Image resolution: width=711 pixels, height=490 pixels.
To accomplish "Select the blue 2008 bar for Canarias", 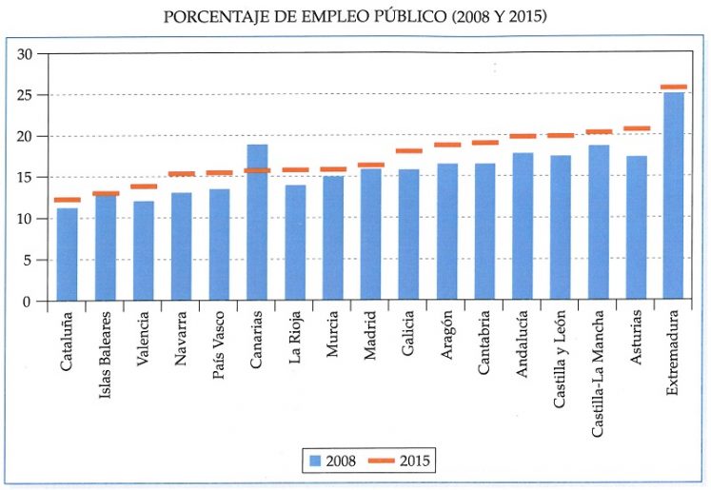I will point(257,224).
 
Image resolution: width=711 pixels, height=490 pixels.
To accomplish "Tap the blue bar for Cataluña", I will point(68,255).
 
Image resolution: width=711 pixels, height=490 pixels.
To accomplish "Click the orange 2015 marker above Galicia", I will point(408,151).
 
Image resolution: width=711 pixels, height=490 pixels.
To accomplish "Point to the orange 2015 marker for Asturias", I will point(637,128).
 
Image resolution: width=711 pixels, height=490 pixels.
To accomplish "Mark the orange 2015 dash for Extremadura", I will point(674,88).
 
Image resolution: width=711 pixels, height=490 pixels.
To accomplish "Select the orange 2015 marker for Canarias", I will point(257,170).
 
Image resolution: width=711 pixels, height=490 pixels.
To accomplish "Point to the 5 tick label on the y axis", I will point(29,260).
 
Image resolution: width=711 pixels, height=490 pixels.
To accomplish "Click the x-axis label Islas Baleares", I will point(107,352).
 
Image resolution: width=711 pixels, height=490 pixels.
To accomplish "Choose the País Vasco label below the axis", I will point(220,344).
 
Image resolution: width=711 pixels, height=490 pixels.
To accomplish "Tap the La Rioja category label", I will point(296,340).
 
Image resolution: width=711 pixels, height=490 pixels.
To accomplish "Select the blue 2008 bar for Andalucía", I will point(523,227).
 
